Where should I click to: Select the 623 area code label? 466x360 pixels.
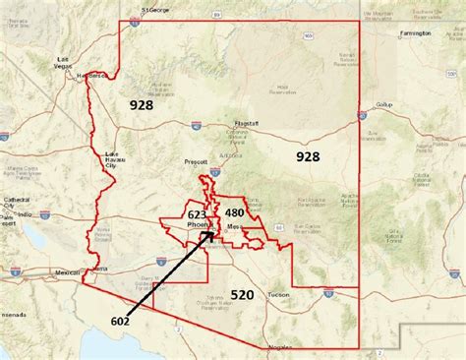197,213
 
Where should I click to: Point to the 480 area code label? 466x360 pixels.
234,212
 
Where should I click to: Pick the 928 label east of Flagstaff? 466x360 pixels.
307,156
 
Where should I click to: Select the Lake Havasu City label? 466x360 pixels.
115,160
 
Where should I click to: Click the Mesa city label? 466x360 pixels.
234,225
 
